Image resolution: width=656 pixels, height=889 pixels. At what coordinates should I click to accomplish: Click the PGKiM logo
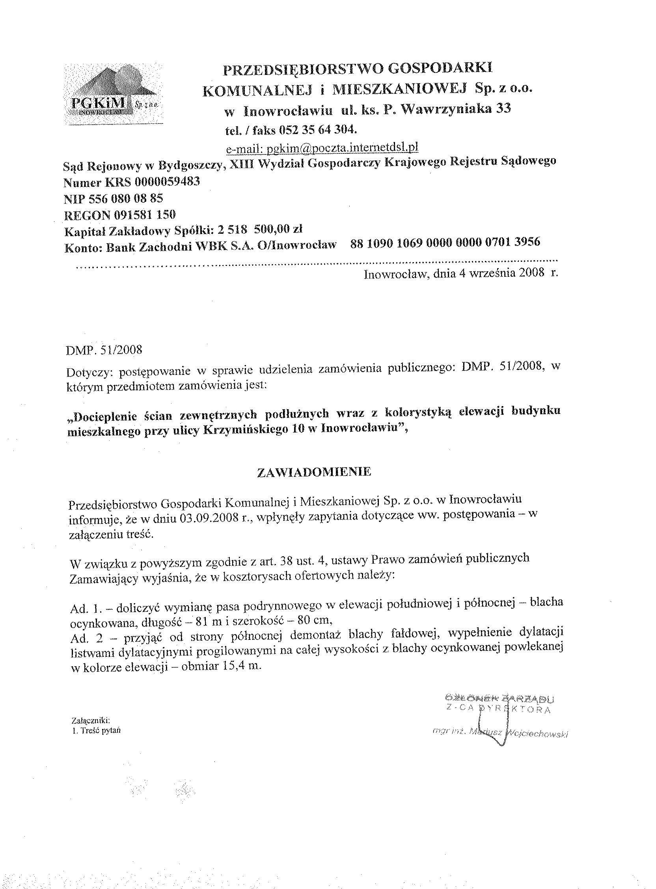[113, 94]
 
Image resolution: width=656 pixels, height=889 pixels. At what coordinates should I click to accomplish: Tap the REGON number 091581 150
[145, 215]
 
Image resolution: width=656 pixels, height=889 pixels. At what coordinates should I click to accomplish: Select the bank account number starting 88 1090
[445, 242]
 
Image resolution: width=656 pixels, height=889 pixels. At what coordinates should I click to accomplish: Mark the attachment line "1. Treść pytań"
[96, 731]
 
